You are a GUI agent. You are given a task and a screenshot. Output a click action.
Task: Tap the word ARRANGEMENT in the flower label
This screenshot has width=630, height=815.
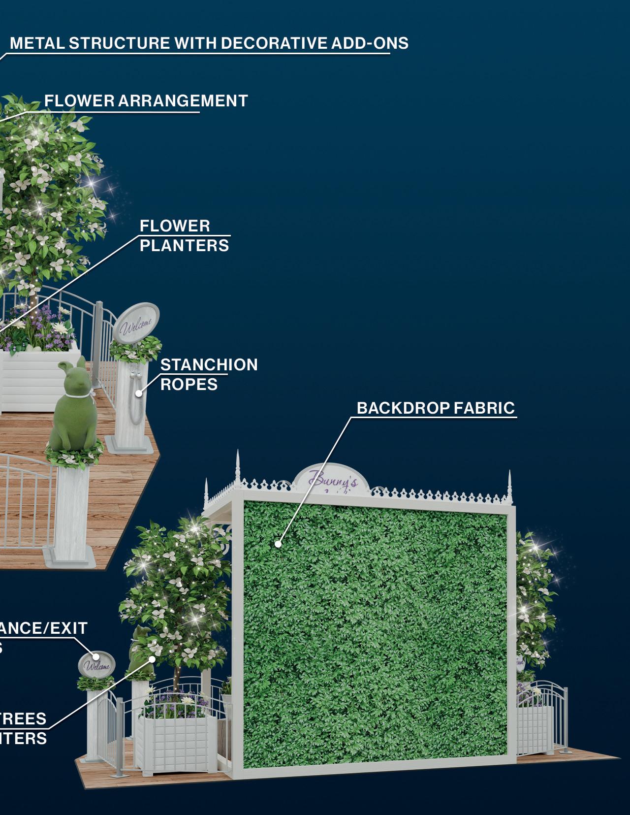click(183, 101)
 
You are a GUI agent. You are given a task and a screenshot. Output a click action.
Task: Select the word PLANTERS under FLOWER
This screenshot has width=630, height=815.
click(184, 245)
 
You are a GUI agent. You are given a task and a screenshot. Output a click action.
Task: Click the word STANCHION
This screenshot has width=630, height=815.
click(209, 365)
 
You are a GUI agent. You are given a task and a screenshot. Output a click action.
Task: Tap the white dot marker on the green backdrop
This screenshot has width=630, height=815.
click(278, 544)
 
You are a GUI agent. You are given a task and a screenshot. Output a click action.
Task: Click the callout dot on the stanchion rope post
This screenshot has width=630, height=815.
click(139, 393)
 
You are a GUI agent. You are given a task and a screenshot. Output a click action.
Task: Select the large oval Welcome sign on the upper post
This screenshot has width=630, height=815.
click(136, 323)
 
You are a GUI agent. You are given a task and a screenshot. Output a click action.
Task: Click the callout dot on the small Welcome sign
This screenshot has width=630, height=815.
click(96, 656)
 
